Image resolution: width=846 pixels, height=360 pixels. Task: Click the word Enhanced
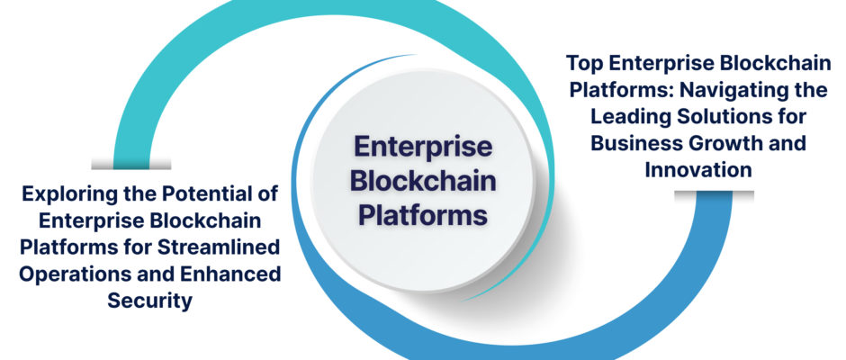[229, 274]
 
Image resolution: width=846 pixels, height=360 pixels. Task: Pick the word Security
[149, 300]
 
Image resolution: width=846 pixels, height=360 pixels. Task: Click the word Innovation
[698, 169]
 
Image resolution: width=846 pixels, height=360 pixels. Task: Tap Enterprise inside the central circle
[423, 148]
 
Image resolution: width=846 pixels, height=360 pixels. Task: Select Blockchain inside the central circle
[423, 182]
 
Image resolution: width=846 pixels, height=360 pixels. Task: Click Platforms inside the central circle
[423, 216]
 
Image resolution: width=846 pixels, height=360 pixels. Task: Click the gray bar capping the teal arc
[131, 164]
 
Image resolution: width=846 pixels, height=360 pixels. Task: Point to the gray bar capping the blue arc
[714, 196]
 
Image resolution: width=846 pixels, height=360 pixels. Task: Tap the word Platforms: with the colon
[622, 90]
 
